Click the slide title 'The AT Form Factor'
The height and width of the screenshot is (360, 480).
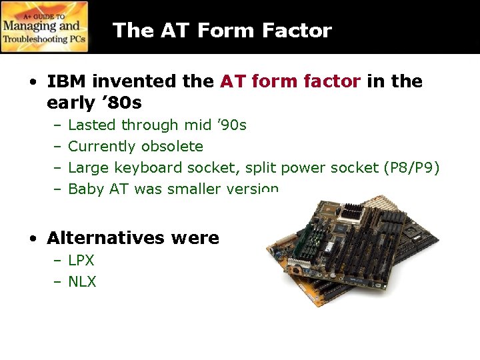click(x=222, y=31)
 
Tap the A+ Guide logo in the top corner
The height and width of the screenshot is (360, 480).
click(x=45, y=27)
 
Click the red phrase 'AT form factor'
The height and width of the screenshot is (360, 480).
click(x=290, y=81)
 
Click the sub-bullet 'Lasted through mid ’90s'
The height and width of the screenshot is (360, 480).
click(x=157, y=125)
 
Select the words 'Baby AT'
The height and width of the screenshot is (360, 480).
click(x=99, y=189)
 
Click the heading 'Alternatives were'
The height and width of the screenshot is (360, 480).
click(x=133, y=238)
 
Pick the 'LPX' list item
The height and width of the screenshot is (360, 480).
click(x=81, y=260)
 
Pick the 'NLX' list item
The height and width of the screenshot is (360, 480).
click(x=82, y=281)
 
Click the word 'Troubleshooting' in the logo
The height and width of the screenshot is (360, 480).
click(x=35, y=40)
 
